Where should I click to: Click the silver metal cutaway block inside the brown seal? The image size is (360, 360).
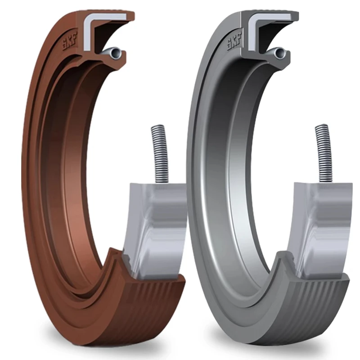155,225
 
